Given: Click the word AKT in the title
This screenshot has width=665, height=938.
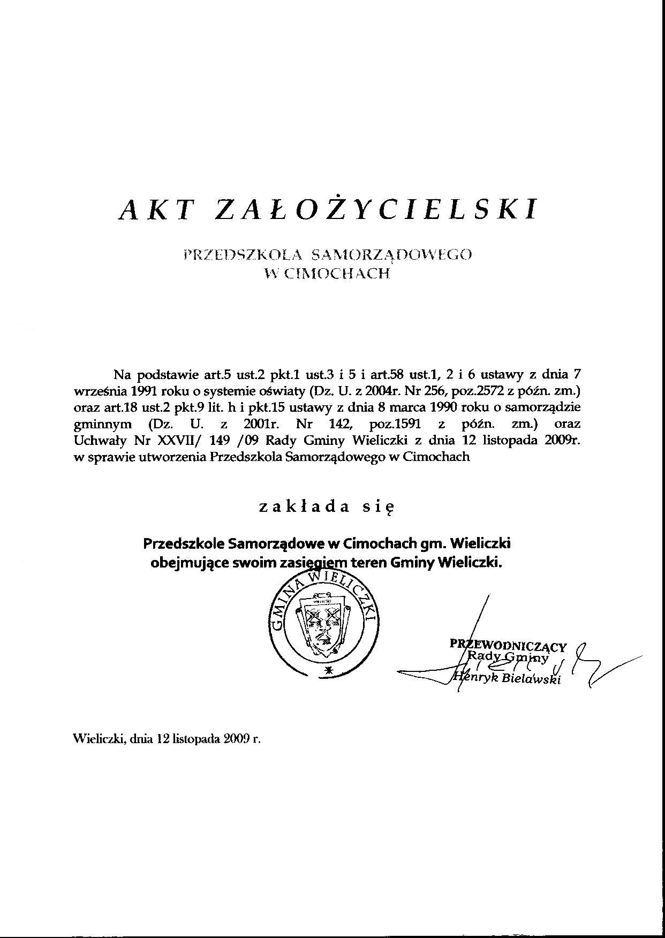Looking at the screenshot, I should [155, 209].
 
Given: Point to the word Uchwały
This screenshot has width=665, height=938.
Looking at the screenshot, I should [93, 441].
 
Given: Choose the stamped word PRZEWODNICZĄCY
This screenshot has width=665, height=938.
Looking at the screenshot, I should [508, 646].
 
